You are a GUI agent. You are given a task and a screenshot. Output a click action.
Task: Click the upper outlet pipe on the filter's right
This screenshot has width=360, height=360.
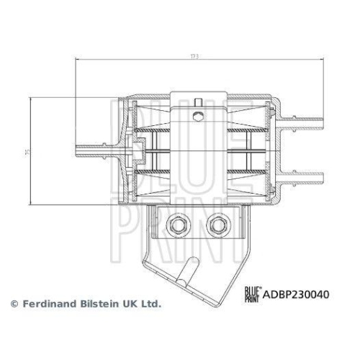(306, 115)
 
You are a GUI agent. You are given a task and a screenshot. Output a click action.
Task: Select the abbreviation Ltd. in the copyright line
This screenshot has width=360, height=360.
(149, 305)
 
